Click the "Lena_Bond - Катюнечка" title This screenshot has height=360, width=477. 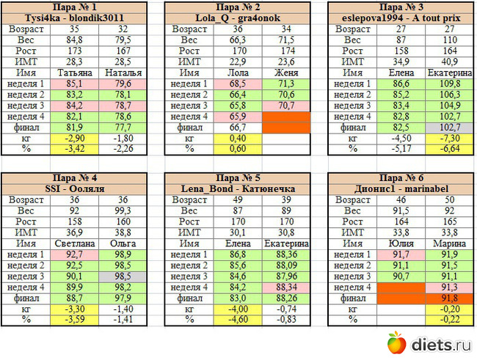tap(238, 187)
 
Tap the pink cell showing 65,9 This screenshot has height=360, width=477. tap(239, 116)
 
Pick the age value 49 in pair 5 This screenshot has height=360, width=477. tap(239, 198)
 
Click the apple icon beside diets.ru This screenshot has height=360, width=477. tap(396, 342)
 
